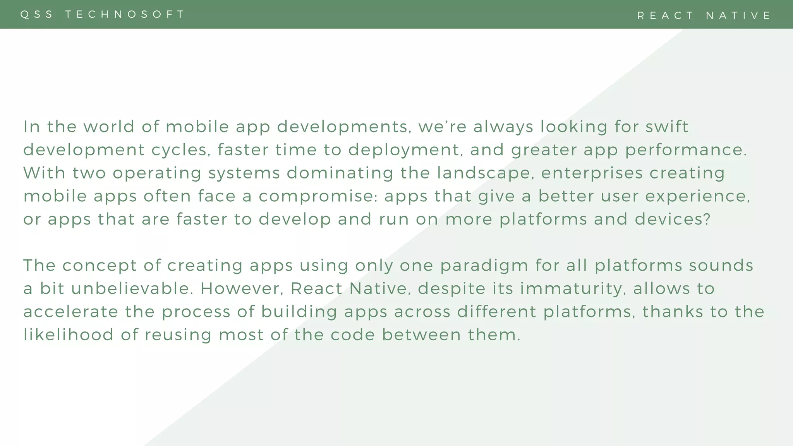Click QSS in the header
pos(37,14)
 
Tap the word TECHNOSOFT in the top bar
pos(125,14)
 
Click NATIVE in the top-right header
pos(738,15)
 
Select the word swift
pos(667,127)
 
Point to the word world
pos(109,127)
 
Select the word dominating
pos(340,173)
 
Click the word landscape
pos(483,173)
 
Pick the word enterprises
pos(591,173)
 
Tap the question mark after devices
pos(707,219)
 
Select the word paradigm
pos(484,266)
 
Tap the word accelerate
pos(71,312)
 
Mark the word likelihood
pos(69,335)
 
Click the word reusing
pos(178,335)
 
